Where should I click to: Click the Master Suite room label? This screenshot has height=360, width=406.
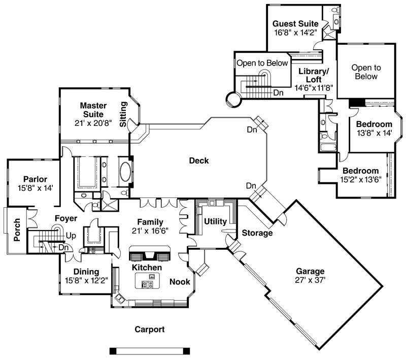[92, 110]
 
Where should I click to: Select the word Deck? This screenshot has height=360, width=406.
[199, 161]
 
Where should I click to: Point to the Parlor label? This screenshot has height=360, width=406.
[35, 179]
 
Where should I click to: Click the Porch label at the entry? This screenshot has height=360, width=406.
[17, 230]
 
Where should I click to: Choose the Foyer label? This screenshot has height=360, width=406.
[66, 218]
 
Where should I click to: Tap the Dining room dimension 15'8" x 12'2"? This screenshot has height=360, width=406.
[86, 280]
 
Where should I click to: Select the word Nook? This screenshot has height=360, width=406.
[180, 281]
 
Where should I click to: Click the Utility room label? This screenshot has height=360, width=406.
[215, 221]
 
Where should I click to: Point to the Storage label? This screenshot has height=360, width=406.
[257, 233]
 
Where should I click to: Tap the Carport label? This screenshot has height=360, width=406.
[149, 330]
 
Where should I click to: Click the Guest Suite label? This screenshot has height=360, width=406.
[295, 24]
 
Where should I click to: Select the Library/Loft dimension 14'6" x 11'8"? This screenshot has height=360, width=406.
[313, 87]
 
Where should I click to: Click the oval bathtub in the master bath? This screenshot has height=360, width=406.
[125, 173]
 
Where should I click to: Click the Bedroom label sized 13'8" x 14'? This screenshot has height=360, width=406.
[374, 124]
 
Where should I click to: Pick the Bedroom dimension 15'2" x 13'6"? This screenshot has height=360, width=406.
[360, 179]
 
